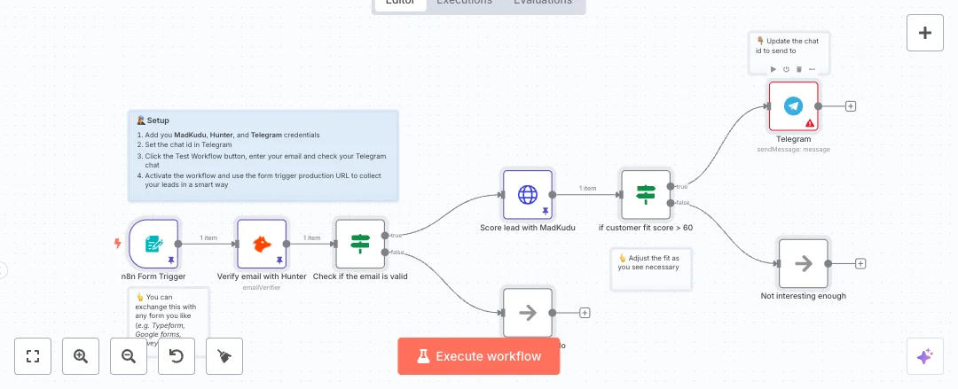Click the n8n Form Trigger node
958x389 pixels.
tap(153, 244)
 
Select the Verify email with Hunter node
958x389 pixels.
tap(262, 244)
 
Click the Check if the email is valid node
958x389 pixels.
tap(360, 244)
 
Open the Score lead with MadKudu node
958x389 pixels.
tap(528, 195)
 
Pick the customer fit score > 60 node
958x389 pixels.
tap(646, 195)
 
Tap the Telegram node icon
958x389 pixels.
tap(793, 105)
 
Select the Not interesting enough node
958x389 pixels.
tap(803, 263)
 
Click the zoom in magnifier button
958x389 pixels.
tap(81, 356)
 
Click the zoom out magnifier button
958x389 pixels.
tap(129, 356)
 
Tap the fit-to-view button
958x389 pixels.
tap(33, 356)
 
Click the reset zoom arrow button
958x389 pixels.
tap(177, 356)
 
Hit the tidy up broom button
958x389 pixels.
tap(224, 356)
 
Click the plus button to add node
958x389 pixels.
tap(925, 33)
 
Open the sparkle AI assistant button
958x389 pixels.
tap(924, 356)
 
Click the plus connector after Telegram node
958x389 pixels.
tap(851, 106)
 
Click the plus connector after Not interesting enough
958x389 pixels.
tap(860, 263)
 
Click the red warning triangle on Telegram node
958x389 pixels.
tap(809, 123)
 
